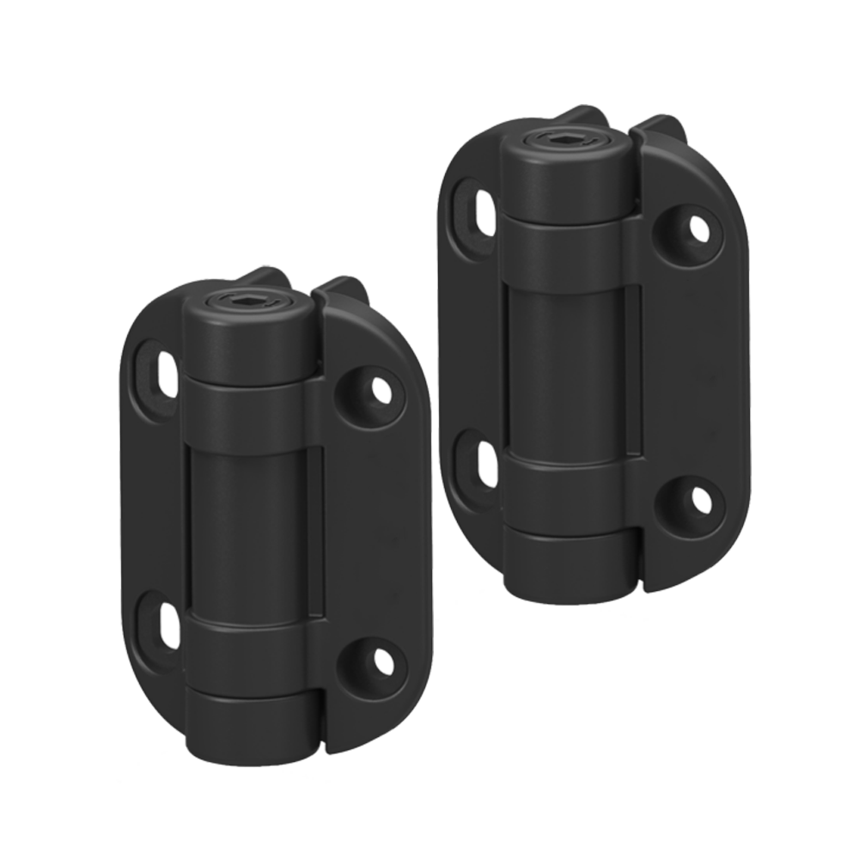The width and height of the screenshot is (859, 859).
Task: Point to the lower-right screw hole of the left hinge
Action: point(379,661)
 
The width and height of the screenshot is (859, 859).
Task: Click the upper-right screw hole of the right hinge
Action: point(698,227)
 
